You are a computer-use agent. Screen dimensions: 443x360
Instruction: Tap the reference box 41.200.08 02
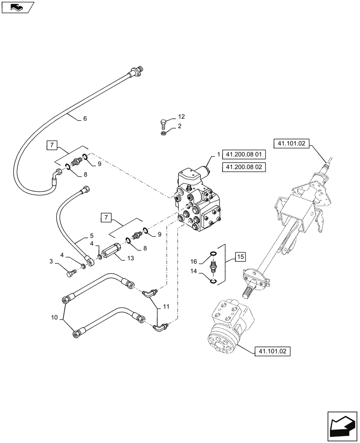click(x=243, y=168)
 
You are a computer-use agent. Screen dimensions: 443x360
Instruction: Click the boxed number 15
click(x=240, y=256)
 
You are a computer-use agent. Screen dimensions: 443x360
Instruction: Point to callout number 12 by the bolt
click(x=181, y=117)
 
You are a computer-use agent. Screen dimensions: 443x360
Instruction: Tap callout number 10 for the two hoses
click(x=54, y=317)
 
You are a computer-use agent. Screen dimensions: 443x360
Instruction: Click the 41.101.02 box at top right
click(x=292, y=143)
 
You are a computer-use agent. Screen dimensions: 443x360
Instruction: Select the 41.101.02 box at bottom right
click(x=272, y=351)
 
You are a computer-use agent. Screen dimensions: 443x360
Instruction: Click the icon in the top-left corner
click(x=16, y=7)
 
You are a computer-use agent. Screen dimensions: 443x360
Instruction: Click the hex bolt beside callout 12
click(x=164, y=120)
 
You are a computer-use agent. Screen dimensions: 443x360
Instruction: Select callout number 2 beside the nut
click(x=180, y=127)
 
